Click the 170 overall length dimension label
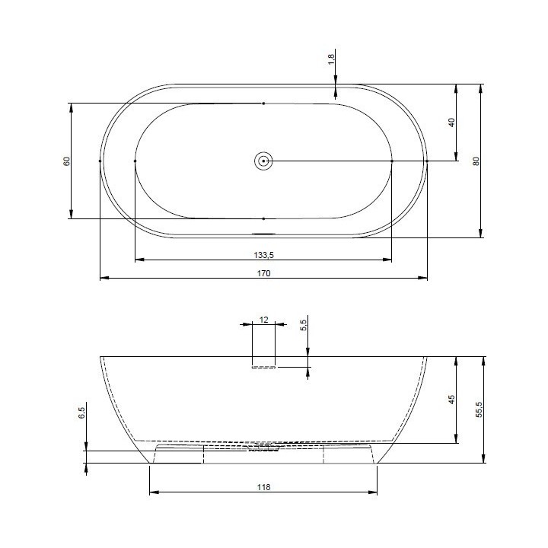[264, 273]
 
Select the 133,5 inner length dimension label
[264, 255]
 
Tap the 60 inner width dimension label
[67, 161]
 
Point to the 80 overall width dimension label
[476, 161]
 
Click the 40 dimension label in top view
[452, 123]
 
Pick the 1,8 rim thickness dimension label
[332, 59]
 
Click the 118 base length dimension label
[264, 487]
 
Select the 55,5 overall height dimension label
[479, 409]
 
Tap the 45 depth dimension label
[452, 400]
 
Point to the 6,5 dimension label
[81, 413]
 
